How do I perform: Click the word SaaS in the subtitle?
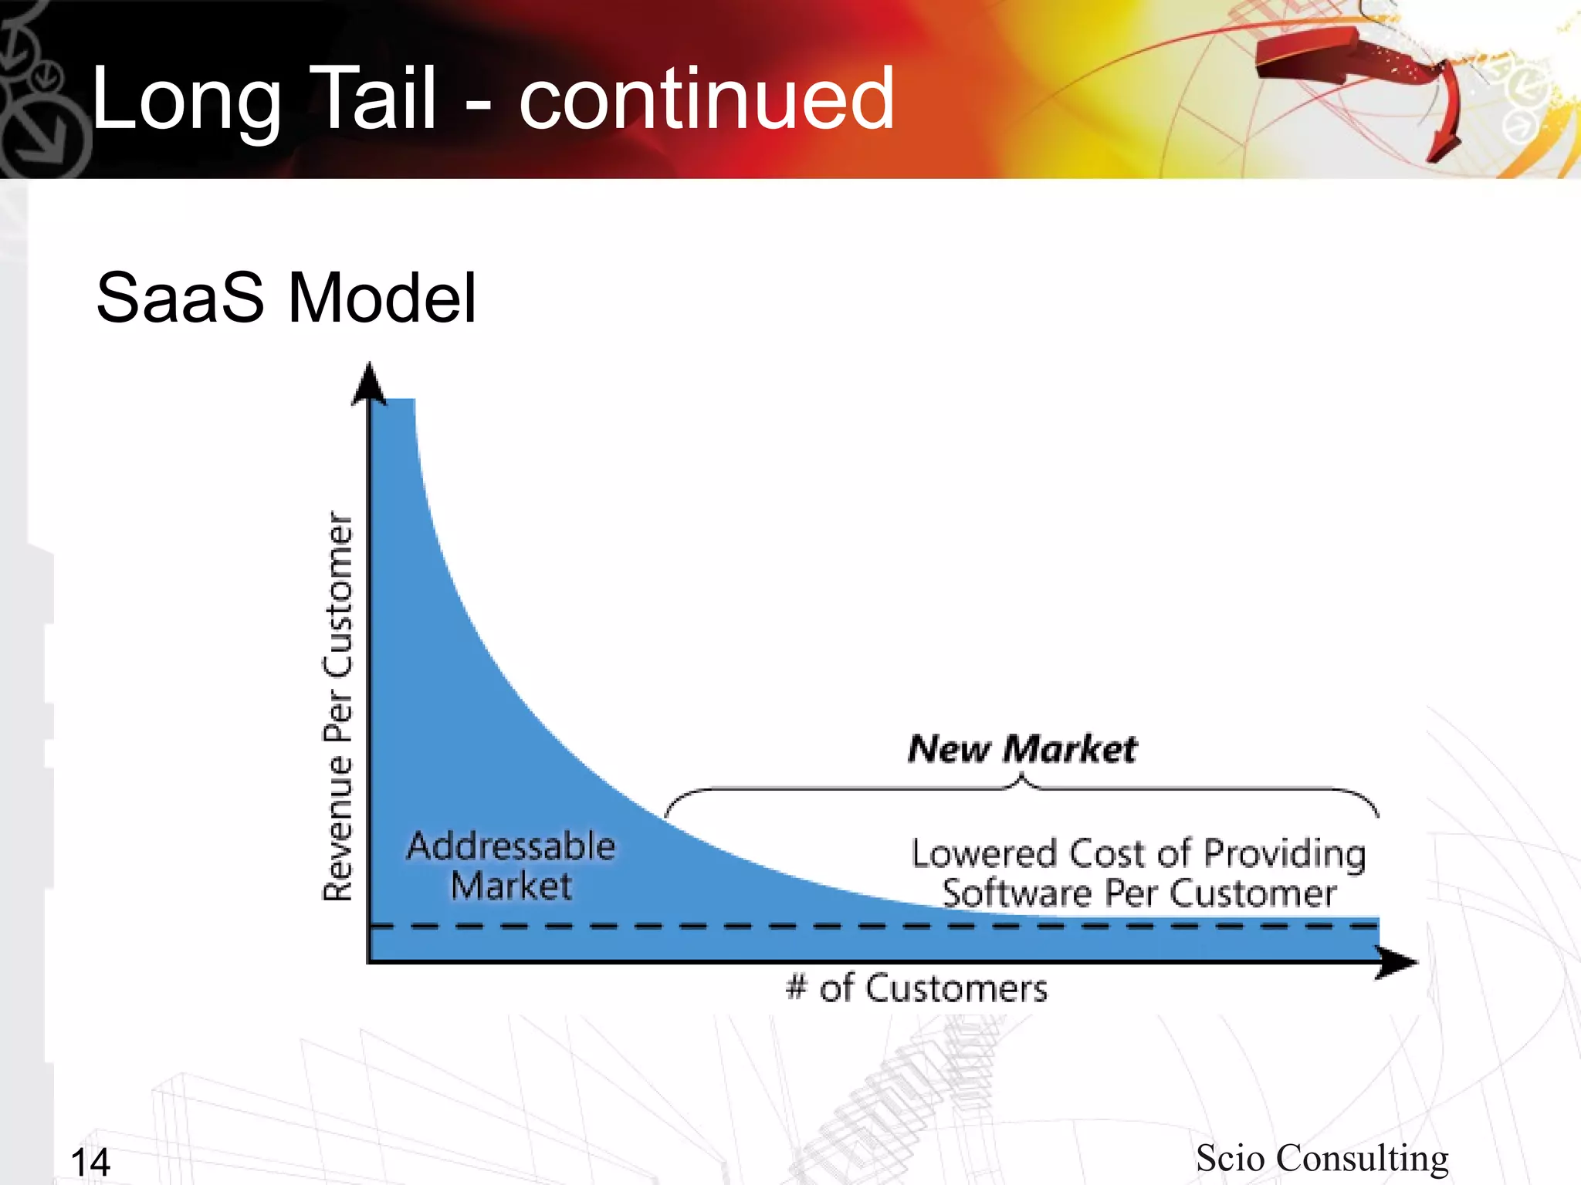pyautogui.click(x=179, y=299)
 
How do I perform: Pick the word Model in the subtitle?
pyautogui.click(x=381, y=299)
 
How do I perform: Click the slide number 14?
pyautogui.click(x=90, y=1162)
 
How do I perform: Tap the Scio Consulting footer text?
pyautogui.click(x=1322, y=1158)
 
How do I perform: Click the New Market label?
pyautogui.click(x=1022, y=749)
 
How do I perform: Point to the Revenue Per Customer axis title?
pyautogui.click(x=337, y=706)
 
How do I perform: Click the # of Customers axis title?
pyautogui.click(x=916, y=988)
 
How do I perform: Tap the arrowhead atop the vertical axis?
pyautogui.click(x=369, y=383)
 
